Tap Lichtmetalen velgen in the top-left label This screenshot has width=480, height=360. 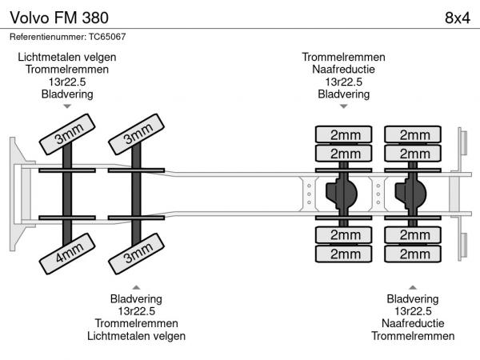click(67, 57)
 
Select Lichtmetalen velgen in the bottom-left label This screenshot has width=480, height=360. click(136, 336)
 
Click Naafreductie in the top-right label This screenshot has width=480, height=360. click(343, 70)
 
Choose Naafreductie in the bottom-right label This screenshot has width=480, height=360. click(413, 323)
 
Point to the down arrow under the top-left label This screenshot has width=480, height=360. click(67, 106)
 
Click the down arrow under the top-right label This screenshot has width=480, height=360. click(343, 106)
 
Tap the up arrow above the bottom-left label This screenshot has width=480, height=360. click(136, 286)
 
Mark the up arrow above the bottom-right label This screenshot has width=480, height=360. click(413, 286)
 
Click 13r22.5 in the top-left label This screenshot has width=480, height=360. click(67, 82)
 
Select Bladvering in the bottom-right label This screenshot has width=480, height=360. click(413, 298)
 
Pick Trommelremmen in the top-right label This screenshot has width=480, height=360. click(343, 57)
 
